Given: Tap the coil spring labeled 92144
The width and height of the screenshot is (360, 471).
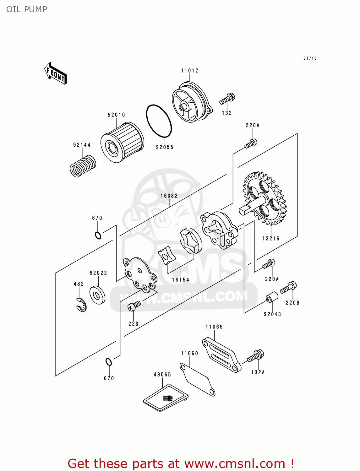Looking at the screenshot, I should pyautogui.click(x=83, y=166).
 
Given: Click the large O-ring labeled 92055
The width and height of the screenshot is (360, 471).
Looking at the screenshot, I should pyautogui.click(x=159, y=121).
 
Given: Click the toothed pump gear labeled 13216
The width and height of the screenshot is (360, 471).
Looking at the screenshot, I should pyautogui.click(x=265, y=199).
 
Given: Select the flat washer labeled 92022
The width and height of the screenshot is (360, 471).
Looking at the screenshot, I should pyautogui.click(x=97, y=295).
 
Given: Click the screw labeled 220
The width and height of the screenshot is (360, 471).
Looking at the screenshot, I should pyautogui.click(x=134, y=306).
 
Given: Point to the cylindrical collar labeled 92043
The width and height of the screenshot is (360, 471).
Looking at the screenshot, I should pyautogui.click(x=272, y=297).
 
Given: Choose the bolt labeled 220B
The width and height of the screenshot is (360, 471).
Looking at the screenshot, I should pyautogui.click(x=288, y=287).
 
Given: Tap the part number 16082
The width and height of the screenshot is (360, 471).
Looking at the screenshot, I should pyautogui.click(x=169, y=196).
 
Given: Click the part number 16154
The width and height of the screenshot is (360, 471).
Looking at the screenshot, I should pyautogui.click(x=181, y=280).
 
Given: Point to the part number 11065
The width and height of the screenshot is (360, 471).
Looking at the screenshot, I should pyautogui.click(x=214, y=327).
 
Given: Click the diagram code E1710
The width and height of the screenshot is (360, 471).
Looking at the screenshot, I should pyautogui.click(x=310, y=58).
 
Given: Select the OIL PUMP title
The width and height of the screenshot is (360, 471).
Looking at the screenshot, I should pyautogui.click(x=27, y=9).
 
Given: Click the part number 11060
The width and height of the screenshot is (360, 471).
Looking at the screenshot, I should pyautogui.click(x=189, y=354).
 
